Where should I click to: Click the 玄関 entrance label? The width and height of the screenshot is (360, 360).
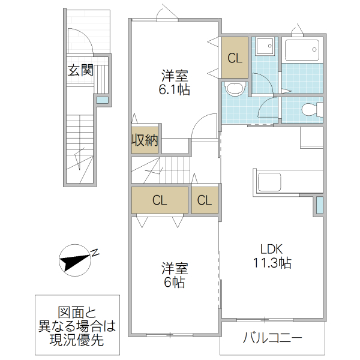(x=80, y=71)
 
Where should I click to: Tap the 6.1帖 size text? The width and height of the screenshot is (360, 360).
(x=174, y=89)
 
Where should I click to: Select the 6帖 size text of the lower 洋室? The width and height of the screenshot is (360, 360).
(x=174, y=281)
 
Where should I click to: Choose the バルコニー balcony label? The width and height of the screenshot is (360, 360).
(x=272, y=338)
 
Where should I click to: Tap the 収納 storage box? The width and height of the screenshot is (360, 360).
(x=145, y=141)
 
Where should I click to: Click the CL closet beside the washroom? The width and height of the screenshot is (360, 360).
(x=235, y=58)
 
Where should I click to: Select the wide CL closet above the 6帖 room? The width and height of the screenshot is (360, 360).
(x=159, y=200)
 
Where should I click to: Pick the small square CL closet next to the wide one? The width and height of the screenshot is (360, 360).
(x=205, y=200)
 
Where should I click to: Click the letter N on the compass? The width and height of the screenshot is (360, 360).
(x=95, y=253)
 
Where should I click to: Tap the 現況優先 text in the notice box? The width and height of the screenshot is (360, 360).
(x=76, y=340)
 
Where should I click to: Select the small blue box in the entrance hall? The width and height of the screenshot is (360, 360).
(x=103, y=100)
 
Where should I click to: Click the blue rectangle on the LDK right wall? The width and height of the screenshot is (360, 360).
(x=319, y=205)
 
